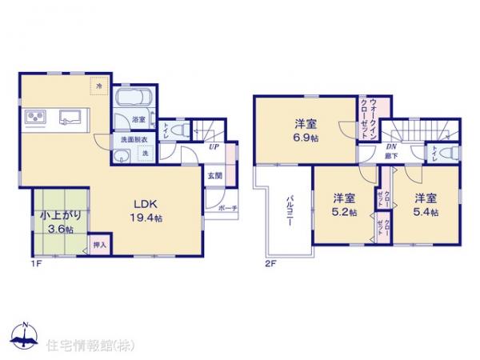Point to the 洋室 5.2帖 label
pyautogui.click(x=345, y=205)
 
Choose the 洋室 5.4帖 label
pyautogui.click(x=426, y=204)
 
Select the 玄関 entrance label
pyautogui.click(x=214, y=175)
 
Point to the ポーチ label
pyautogui.click(x=226, y=207)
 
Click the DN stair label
pyautogui.click(x=392, y=147)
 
